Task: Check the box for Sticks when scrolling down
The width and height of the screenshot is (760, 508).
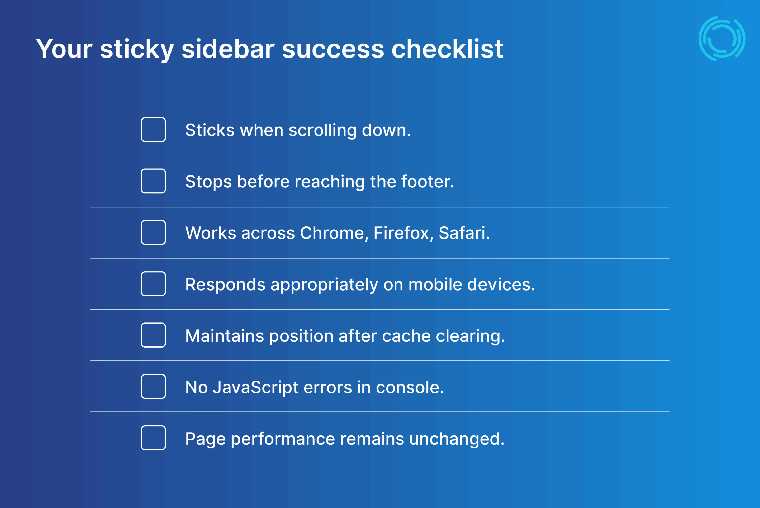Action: [x=153, y=130]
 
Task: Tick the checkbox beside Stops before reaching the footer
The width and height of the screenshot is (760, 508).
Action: [x=153, y=181]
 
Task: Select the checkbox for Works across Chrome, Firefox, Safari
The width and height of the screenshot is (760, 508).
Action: [x=153, y=232]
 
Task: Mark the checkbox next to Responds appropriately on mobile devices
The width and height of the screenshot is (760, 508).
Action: [x=153, y=284]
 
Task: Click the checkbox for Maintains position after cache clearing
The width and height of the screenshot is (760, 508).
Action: [x=153, y=335]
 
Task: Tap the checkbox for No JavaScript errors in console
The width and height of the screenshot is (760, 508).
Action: [x=153, y=387]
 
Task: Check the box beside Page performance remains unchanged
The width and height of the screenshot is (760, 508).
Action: [x=153, y=438]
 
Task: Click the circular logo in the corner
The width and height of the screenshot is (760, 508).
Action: [x=722, y=39]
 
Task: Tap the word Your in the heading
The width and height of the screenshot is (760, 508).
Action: [x=64, y=49]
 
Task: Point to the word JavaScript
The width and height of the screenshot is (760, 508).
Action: [x=255, y=387]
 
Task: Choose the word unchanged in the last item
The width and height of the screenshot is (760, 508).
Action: [x=457, y=439]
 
